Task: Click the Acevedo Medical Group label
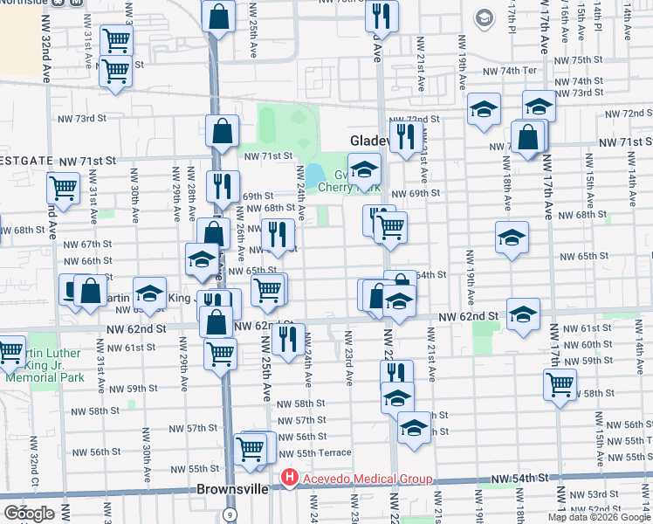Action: [367, 478]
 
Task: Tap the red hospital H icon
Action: [289, 478]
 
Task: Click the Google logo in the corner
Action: [29, 513]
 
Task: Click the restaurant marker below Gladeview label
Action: [406, 136]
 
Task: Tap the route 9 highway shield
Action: [230, 514]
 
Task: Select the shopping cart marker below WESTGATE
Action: [63, 186]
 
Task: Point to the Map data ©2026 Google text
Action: [598, 517]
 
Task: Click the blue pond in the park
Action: [313, 176]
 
